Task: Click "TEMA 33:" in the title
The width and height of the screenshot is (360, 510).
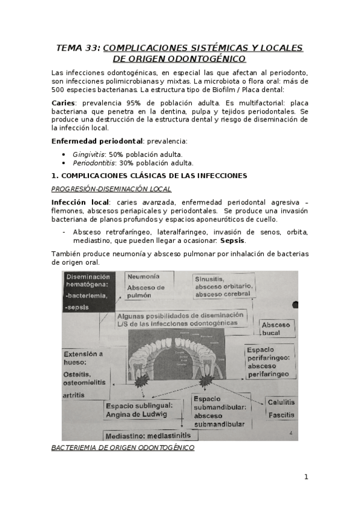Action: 78,48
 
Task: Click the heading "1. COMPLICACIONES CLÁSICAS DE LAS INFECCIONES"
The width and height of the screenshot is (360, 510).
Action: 149,176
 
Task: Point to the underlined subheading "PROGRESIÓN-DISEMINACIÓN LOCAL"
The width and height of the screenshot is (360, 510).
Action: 111,189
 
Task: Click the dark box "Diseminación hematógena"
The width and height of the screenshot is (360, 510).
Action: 88,291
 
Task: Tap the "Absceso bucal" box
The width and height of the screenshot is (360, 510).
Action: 276,328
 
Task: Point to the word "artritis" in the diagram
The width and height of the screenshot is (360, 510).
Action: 74,395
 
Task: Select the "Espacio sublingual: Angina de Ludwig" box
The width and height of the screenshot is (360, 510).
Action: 144,410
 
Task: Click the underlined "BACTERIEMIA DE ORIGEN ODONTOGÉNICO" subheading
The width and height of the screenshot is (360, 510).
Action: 123,448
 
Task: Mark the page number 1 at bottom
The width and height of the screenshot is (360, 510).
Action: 306,477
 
